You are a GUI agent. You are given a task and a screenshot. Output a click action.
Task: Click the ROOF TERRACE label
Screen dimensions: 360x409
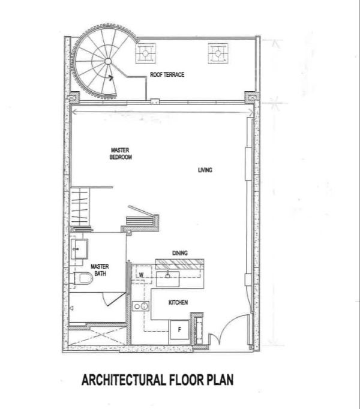tap(167, 74)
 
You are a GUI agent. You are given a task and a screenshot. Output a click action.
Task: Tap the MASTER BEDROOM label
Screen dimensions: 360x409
tap(121, 154)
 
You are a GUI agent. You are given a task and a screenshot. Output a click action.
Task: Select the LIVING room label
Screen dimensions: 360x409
tap(205, 170)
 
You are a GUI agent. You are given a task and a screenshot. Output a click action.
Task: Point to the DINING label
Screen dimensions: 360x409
tap(180, 253)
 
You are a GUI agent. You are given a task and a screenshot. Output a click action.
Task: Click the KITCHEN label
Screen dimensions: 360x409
tap(178, 302)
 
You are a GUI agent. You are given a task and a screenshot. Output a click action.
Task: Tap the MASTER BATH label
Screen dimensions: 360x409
tap(100, 270)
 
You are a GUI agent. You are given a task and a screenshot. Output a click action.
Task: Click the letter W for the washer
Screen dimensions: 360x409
tap(141, 275)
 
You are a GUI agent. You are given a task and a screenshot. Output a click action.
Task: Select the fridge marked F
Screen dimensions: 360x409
tap(179, 330)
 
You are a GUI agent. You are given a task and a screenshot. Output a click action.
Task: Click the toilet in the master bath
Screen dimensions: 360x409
tap(82, 278)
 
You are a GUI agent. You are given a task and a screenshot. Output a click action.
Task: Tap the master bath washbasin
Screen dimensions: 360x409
tap(79, 249)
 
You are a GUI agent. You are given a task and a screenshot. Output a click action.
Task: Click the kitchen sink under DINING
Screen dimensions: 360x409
tap(167, 279)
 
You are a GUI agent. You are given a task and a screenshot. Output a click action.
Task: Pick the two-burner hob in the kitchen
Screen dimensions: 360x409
tap(140, 306)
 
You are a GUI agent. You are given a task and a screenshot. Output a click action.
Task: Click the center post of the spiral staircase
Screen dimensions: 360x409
tap(108, 61)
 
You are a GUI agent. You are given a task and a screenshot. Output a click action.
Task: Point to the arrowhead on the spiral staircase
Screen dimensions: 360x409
tap(111, 77)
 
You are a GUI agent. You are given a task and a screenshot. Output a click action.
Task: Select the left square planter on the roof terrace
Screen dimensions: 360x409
tap(145, 53)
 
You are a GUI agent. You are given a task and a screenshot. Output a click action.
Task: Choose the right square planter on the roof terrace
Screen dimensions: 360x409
tap(218, 53)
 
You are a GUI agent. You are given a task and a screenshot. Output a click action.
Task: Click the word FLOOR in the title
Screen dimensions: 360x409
tap(187, 380)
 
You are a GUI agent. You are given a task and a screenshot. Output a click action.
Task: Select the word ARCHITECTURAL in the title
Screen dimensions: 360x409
tap(124, 380)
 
